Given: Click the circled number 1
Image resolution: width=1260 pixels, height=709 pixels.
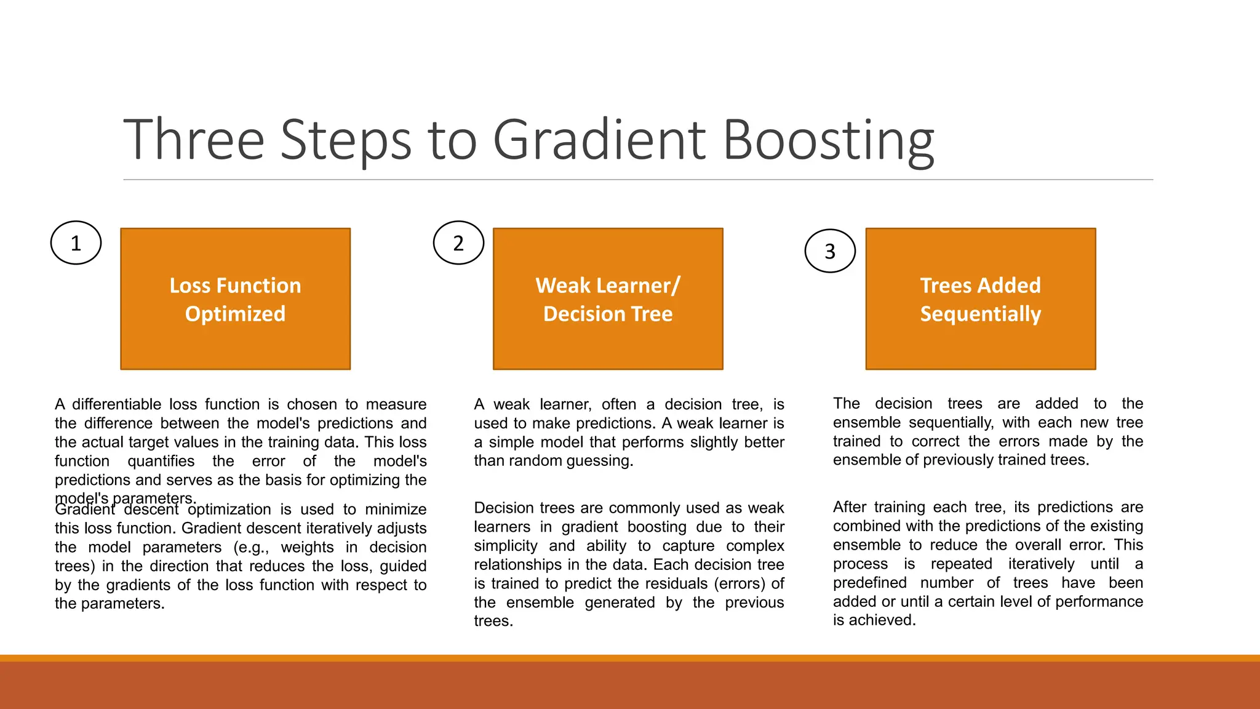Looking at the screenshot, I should tap(76, 243).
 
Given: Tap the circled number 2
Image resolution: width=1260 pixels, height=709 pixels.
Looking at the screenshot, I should tap(458, 243).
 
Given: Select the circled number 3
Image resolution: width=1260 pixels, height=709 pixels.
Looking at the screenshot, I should tap(830, 251).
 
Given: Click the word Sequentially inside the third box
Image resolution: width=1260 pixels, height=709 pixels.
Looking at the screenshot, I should tap(981, 314).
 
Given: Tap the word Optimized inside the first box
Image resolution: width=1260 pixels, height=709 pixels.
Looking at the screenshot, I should tap(235, 314).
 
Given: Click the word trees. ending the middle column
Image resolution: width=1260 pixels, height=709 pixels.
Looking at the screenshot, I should tap(493, 621).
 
